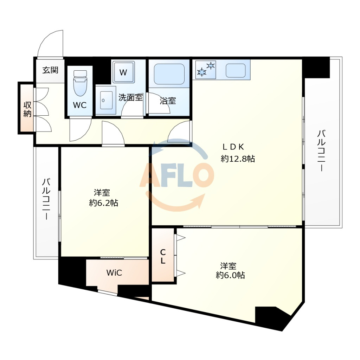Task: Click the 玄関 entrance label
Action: [x=50, y=70]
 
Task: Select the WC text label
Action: [x=80, y=105]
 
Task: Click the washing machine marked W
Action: [x=123, y=72]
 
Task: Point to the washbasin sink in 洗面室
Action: [x=107, y=100]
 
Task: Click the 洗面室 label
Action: [x=130, y=97]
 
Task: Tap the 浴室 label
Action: [x=168, y=101]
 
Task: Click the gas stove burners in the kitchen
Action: [x=206, y=69]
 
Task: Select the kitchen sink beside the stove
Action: [x=236, y=70]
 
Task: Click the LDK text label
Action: [x=233, y=147]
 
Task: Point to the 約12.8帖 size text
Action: [x=238, y=159]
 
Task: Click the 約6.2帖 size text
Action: [x=104, y=203]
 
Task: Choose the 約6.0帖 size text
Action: [x=230, y=275]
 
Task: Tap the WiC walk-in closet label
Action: [x=114, y=273]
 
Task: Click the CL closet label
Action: [x=163, y=256]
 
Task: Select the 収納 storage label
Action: [x=27, y=109]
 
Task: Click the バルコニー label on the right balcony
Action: [x=321, y=150]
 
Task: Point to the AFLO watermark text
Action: [x=177, y=175]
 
